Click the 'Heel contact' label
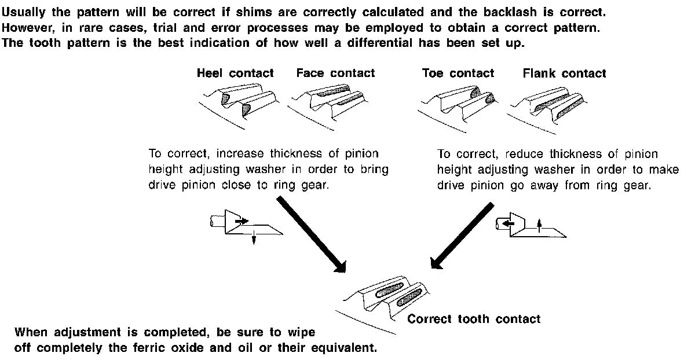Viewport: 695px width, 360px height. pyautogui.click(x=235, y=74)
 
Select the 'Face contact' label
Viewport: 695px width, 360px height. pyautogui.click(x=335, y=74)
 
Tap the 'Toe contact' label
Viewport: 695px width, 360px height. pyautogui.click(x=458, y=74)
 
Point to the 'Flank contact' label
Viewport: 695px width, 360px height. pyautogui.click(x=564, y=74)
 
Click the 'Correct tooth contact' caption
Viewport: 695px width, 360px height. pyautogui.click(x=474, y=319)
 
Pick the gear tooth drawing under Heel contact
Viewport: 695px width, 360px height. pyautogui.click(x=235, y=102)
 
